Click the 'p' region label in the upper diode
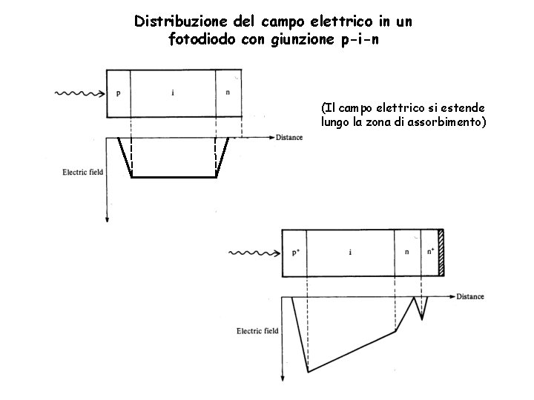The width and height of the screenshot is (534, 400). (x=119, y=93)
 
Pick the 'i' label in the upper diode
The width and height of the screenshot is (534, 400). (x=172, y=93)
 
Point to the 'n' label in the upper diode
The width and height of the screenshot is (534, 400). (x=227, y=93)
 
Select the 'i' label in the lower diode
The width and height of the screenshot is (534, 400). (x=350, y=253)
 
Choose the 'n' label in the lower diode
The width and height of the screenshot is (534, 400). (x=406, y=253)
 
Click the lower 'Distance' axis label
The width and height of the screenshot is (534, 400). (x=470, y=296)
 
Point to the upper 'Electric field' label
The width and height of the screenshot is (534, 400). (x=82, y=173)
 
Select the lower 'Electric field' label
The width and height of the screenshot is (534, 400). (x=257, y=331)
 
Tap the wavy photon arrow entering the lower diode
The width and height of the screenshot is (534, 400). (x=254, y=253)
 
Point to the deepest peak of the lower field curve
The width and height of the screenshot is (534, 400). (x=309, y=371)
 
